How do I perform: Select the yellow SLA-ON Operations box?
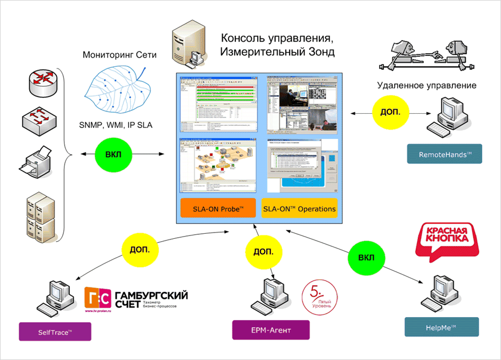[x=299, y=209]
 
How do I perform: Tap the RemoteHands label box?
[x=444, y=154]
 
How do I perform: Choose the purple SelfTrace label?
[x=55, y=332]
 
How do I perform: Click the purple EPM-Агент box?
[x=271, y=330]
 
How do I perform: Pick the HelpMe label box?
[x=442, y=327]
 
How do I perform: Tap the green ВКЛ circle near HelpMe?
[x=366, y=257]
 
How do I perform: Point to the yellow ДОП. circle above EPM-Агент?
[x=263, y=252]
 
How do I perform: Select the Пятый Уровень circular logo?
[x=320, y=298]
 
